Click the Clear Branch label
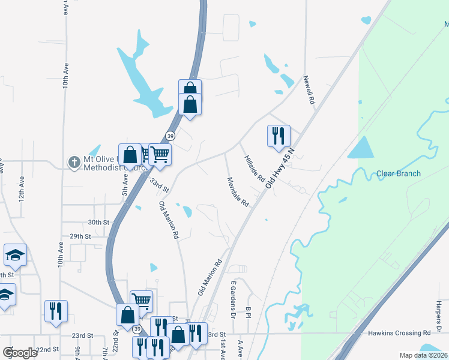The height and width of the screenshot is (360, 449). [398, 174]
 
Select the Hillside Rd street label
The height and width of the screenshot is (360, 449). [254, 169]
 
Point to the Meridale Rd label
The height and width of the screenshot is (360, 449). [238, 192]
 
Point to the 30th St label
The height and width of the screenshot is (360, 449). [98, 222]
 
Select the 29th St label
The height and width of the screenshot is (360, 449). [79, 237]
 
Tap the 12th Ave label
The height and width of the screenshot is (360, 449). [22, 188]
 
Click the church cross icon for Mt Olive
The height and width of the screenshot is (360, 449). [74, 162]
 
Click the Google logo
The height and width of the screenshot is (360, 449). [20, 353]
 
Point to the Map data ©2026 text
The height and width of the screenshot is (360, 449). [415, 355]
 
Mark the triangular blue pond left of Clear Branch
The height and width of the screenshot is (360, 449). [360, 148]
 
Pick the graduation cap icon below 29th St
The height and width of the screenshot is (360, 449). [15, 255]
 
